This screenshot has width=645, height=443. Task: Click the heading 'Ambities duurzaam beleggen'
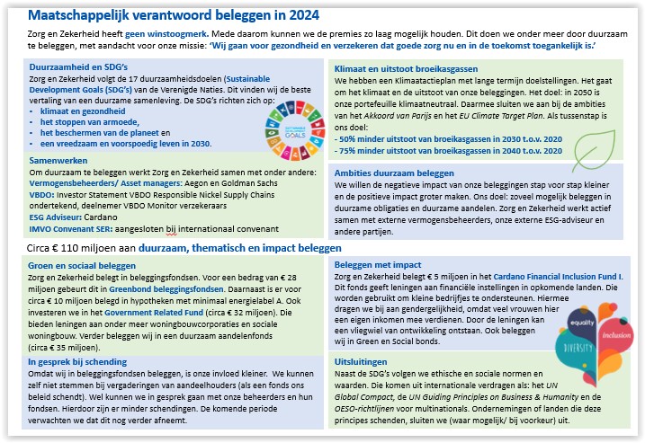[394, 173]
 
